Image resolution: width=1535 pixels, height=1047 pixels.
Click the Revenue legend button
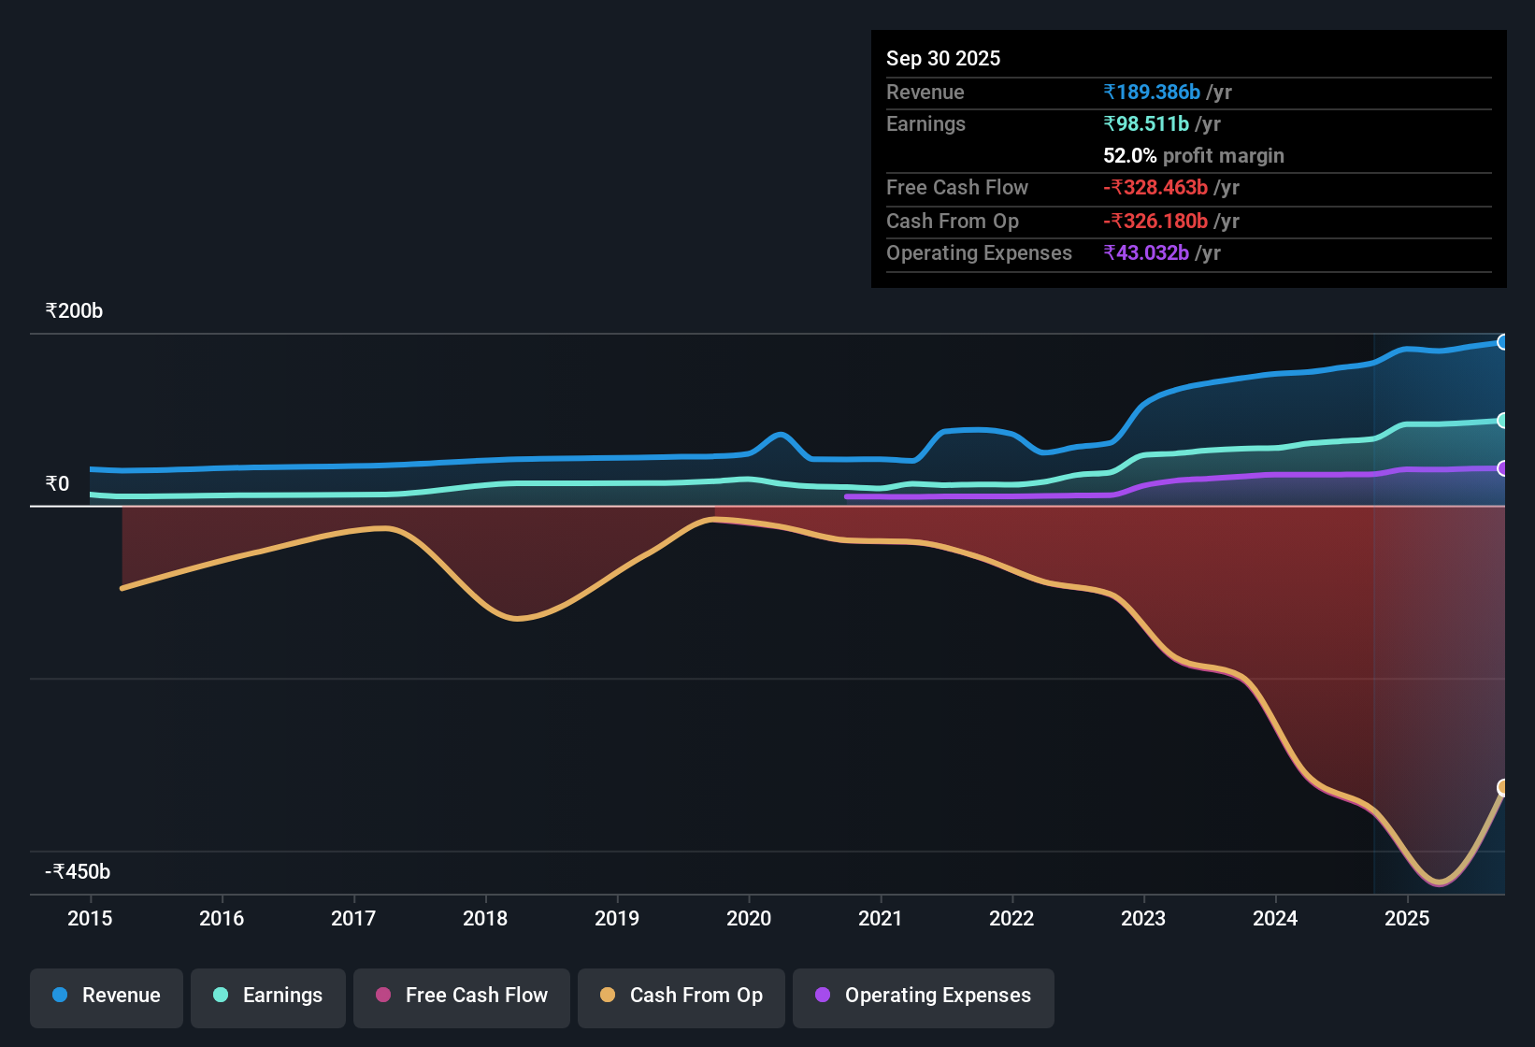click(107, 996)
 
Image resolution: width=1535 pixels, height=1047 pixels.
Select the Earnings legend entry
click(268, 996)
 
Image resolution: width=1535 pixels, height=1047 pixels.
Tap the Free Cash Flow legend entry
click(462, 996)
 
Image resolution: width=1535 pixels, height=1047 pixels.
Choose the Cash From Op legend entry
click(681, 996)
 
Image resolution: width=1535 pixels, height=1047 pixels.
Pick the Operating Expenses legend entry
click(924, 996)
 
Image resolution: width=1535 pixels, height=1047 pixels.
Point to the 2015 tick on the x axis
click(90, 918)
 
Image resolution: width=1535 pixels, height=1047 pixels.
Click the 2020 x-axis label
click(749, 918)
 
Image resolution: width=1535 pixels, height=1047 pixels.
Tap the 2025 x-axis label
click(1407, 918)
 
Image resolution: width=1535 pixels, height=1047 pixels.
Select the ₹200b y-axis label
click(74, 311)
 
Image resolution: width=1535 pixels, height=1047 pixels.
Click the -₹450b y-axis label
click(78, 872)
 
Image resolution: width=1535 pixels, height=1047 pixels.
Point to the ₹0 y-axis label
click(57, 484)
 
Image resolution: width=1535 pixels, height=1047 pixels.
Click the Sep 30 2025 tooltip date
click(943, 59)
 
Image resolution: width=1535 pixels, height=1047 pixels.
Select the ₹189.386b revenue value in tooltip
click(1152, 93)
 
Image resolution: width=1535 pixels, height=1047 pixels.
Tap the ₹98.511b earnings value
click(1146, 124)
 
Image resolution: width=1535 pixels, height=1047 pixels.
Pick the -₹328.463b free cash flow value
click(1155, 188)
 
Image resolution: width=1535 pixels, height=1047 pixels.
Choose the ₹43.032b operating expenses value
click(1146, 253)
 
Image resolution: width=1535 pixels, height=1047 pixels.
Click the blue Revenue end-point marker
click(1502, 342)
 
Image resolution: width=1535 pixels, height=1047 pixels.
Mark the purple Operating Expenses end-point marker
click(1502, 468)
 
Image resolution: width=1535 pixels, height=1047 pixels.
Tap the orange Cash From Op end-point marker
click(1502, 787)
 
